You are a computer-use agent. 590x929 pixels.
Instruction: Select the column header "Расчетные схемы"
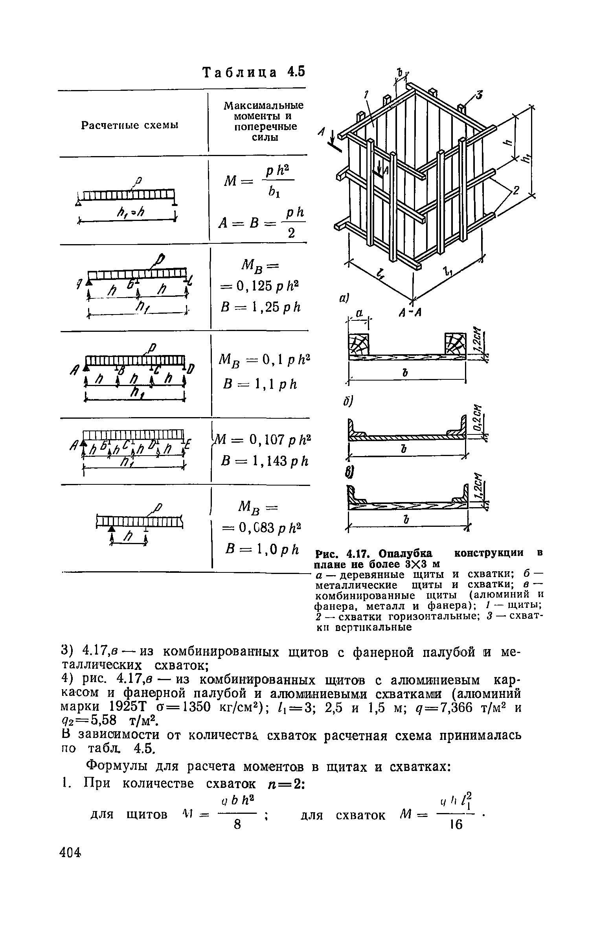(130, 125)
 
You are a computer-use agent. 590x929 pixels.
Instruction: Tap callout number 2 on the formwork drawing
(516, 191)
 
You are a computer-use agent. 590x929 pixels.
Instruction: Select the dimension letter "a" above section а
(358, 314)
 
